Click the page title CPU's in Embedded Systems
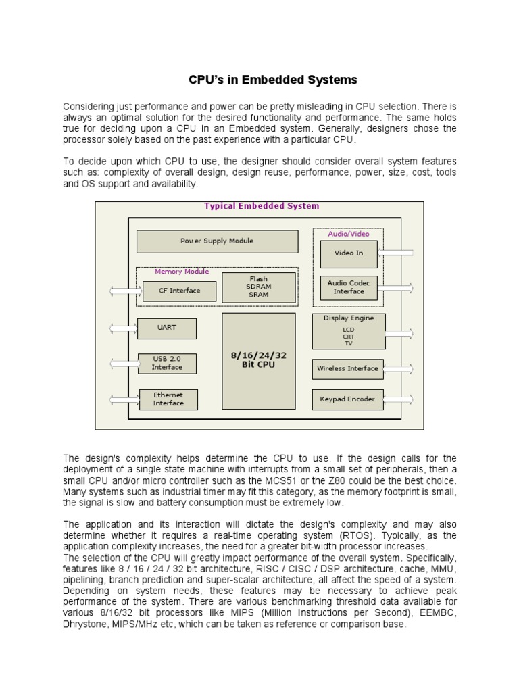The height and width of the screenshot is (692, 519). point(272,80)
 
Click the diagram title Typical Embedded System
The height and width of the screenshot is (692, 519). point(262,206)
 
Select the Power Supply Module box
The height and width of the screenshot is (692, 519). point(217,241)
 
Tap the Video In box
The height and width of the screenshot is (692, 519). point(349,253)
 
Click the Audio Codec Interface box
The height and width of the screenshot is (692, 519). point(349,287)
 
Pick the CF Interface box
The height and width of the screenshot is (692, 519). point(179,291)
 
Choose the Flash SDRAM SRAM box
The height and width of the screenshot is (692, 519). point(258,287)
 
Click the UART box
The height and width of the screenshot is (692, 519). point(166,328)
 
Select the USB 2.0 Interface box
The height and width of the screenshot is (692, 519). point(167,364)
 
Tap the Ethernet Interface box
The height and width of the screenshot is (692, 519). point(168,399)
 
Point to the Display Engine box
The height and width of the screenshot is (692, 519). point(349,330)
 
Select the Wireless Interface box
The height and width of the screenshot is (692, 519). point(347,369)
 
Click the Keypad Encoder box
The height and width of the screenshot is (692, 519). point(347,399)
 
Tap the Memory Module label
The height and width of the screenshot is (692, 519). point(182,272)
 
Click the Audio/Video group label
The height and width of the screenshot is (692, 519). point(349,234)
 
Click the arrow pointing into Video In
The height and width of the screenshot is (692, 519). point(397,253)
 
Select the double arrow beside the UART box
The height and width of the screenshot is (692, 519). point(123,328)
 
